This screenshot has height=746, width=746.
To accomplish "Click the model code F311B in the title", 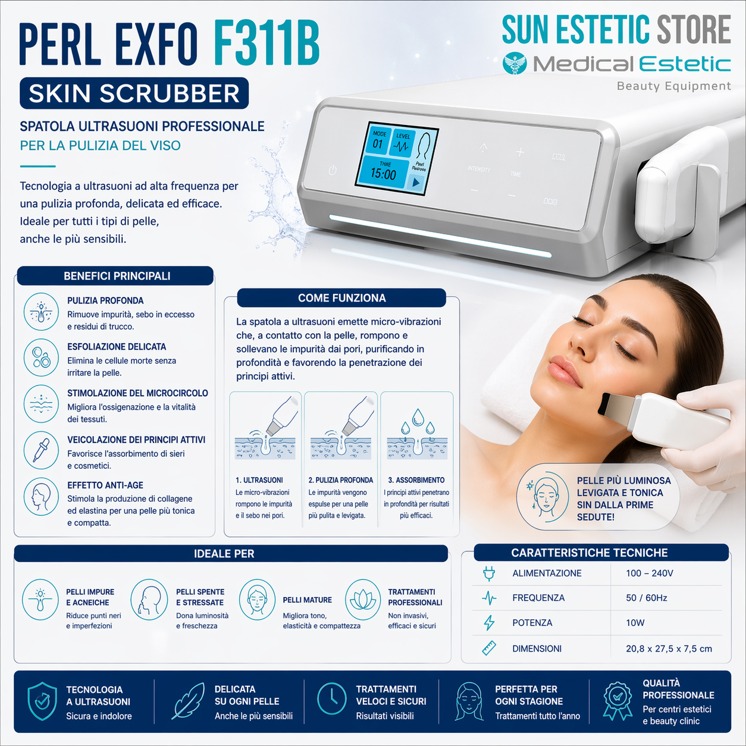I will (x=266, y=44).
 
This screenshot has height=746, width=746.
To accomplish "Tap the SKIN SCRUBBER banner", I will (x=134, y=93).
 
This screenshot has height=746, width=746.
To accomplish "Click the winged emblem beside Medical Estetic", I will (x=514, y=63).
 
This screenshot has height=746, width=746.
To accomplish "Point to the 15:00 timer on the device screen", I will (x=383, y=174).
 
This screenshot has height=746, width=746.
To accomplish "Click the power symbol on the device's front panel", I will (x=333, y=170).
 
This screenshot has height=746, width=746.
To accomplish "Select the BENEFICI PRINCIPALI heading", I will (x=117, y=276).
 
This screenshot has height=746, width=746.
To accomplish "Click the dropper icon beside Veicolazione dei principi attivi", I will (x=40, y=450).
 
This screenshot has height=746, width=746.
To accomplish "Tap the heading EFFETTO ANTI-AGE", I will (x=105, y=485).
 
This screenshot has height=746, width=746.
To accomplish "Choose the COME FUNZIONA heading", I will (x=341, y=298).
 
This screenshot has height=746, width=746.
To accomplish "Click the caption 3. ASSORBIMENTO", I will (x=416, y=480).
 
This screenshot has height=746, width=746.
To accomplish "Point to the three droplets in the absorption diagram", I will (x=418, y=421).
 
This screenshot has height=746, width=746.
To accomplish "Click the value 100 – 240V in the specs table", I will (x=649, y=573).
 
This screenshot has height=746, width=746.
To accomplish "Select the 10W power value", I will (x=635, y=623).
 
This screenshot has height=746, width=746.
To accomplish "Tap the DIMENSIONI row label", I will (x=537, y=649).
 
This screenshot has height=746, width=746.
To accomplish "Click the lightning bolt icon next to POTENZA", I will (x=489, y=623).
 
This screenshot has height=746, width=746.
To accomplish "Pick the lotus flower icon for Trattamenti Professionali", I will (x=362, y=600).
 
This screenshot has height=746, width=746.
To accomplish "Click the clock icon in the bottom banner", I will (x=331, y=698).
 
